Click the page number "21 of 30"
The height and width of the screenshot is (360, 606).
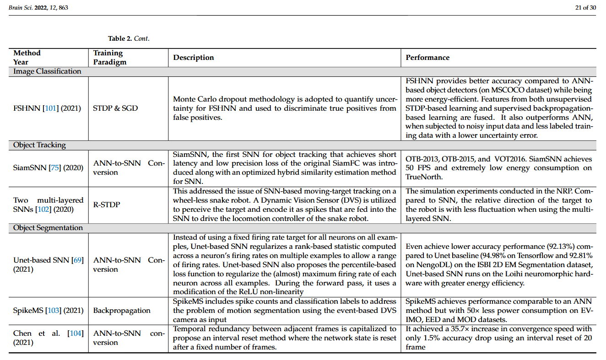coord(585,7)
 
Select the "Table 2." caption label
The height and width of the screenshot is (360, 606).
coord(120,38)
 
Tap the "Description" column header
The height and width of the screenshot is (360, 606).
coord(193,58)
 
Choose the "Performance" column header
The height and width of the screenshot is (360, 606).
coord(427,58)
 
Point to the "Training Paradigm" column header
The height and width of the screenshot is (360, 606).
coord(110,58)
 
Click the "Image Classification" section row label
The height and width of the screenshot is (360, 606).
coord(47,71)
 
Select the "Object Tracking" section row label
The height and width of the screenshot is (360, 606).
coord(39,145)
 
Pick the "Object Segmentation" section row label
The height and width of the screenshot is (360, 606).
coord(48,228)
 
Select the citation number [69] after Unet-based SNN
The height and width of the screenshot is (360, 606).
coord(77,260)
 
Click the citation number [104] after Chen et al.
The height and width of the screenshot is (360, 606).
coord(76,333)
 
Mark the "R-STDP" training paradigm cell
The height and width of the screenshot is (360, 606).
coord(106,204)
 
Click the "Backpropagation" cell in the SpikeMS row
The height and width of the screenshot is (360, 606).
coord(121,311)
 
